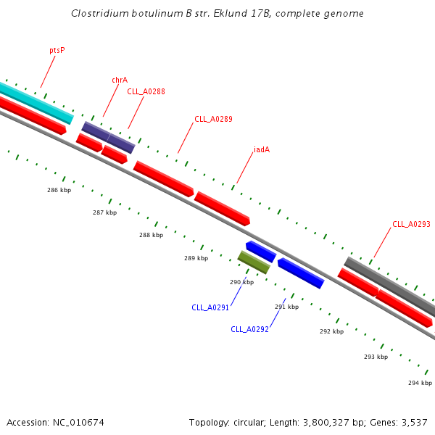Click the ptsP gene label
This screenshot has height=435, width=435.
point(57,51)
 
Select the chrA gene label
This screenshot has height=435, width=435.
point(120,80)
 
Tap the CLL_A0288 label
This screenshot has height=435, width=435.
point(146,91)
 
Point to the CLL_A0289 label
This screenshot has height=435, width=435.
point(213,119)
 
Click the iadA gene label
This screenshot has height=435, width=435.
point(262,150)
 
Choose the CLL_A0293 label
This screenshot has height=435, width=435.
point(411,225)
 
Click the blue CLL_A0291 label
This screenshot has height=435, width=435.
point(210,307)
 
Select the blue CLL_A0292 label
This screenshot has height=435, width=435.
point(249,329)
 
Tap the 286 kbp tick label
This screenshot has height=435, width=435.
point(59,190)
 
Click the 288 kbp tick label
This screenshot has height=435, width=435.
point(151,235)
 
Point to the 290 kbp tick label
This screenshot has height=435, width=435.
point(241,282)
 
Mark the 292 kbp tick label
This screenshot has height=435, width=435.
point(331,331)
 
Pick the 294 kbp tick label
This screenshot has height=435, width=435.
point(420,383)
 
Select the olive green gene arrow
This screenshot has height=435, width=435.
point(254,262)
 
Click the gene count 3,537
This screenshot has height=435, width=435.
point(414,422)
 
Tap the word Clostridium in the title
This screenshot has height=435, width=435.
point(101,14)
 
